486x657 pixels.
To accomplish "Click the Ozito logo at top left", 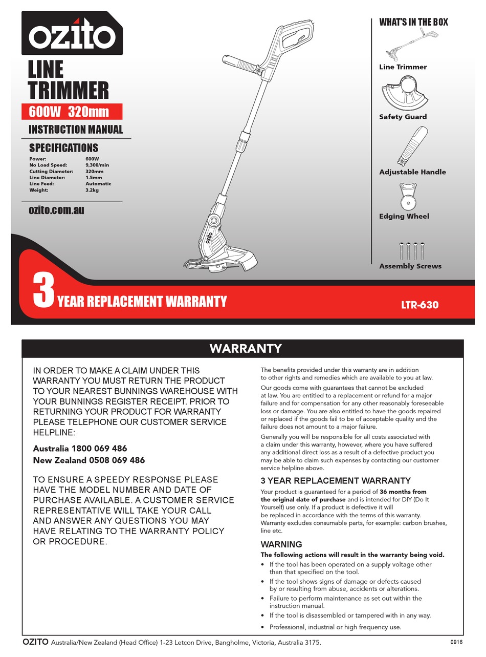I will tap(72, 34).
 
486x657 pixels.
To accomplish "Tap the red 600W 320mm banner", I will tap(72, 112).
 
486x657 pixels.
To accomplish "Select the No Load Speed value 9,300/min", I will tap(97, 165).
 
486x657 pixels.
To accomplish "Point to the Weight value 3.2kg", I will tap(92, 190).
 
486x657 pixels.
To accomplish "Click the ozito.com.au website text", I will tap(56, 210).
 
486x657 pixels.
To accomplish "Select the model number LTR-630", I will tap(419, 305).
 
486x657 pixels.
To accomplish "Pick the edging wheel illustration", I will tap(408, 197).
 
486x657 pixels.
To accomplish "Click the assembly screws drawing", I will tap(411, 250).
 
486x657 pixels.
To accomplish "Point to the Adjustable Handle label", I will tap(412, 172).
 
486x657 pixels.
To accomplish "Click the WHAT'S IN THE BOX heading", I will tap(413, 22).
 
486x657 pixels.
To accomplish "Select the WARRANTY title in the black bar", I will tap(245, 349).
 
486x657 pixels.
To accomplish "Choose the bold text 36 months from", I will tap(403, 492).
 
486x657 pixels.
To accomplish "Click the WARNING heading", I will tap(281, 544).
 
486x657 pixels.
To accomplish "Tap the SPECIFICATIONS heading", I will tap(63, 148).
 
